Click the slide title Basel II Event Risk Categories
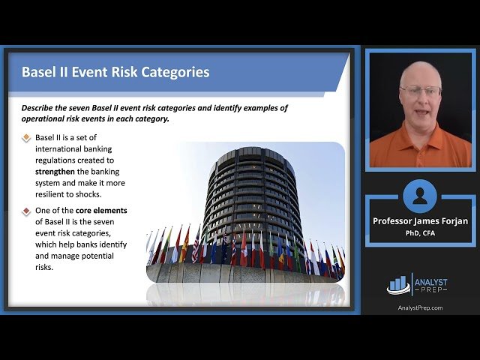(x=115, y=72)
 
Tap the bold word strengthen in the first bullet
(x=61, y=172)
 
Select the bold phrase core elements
(x=101, y=211)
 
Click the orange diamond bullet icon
(x=27, y=138)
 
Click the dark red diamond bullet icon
(x=27, y=211)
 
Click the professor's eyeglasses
(x=421, y=91)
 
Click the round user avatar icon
(x=419, y=196)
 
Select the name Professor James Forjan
(x=420, y=221)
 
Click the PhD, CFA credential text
(x=420, y=232)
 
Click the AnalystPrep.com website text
(x=420, y=307)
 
